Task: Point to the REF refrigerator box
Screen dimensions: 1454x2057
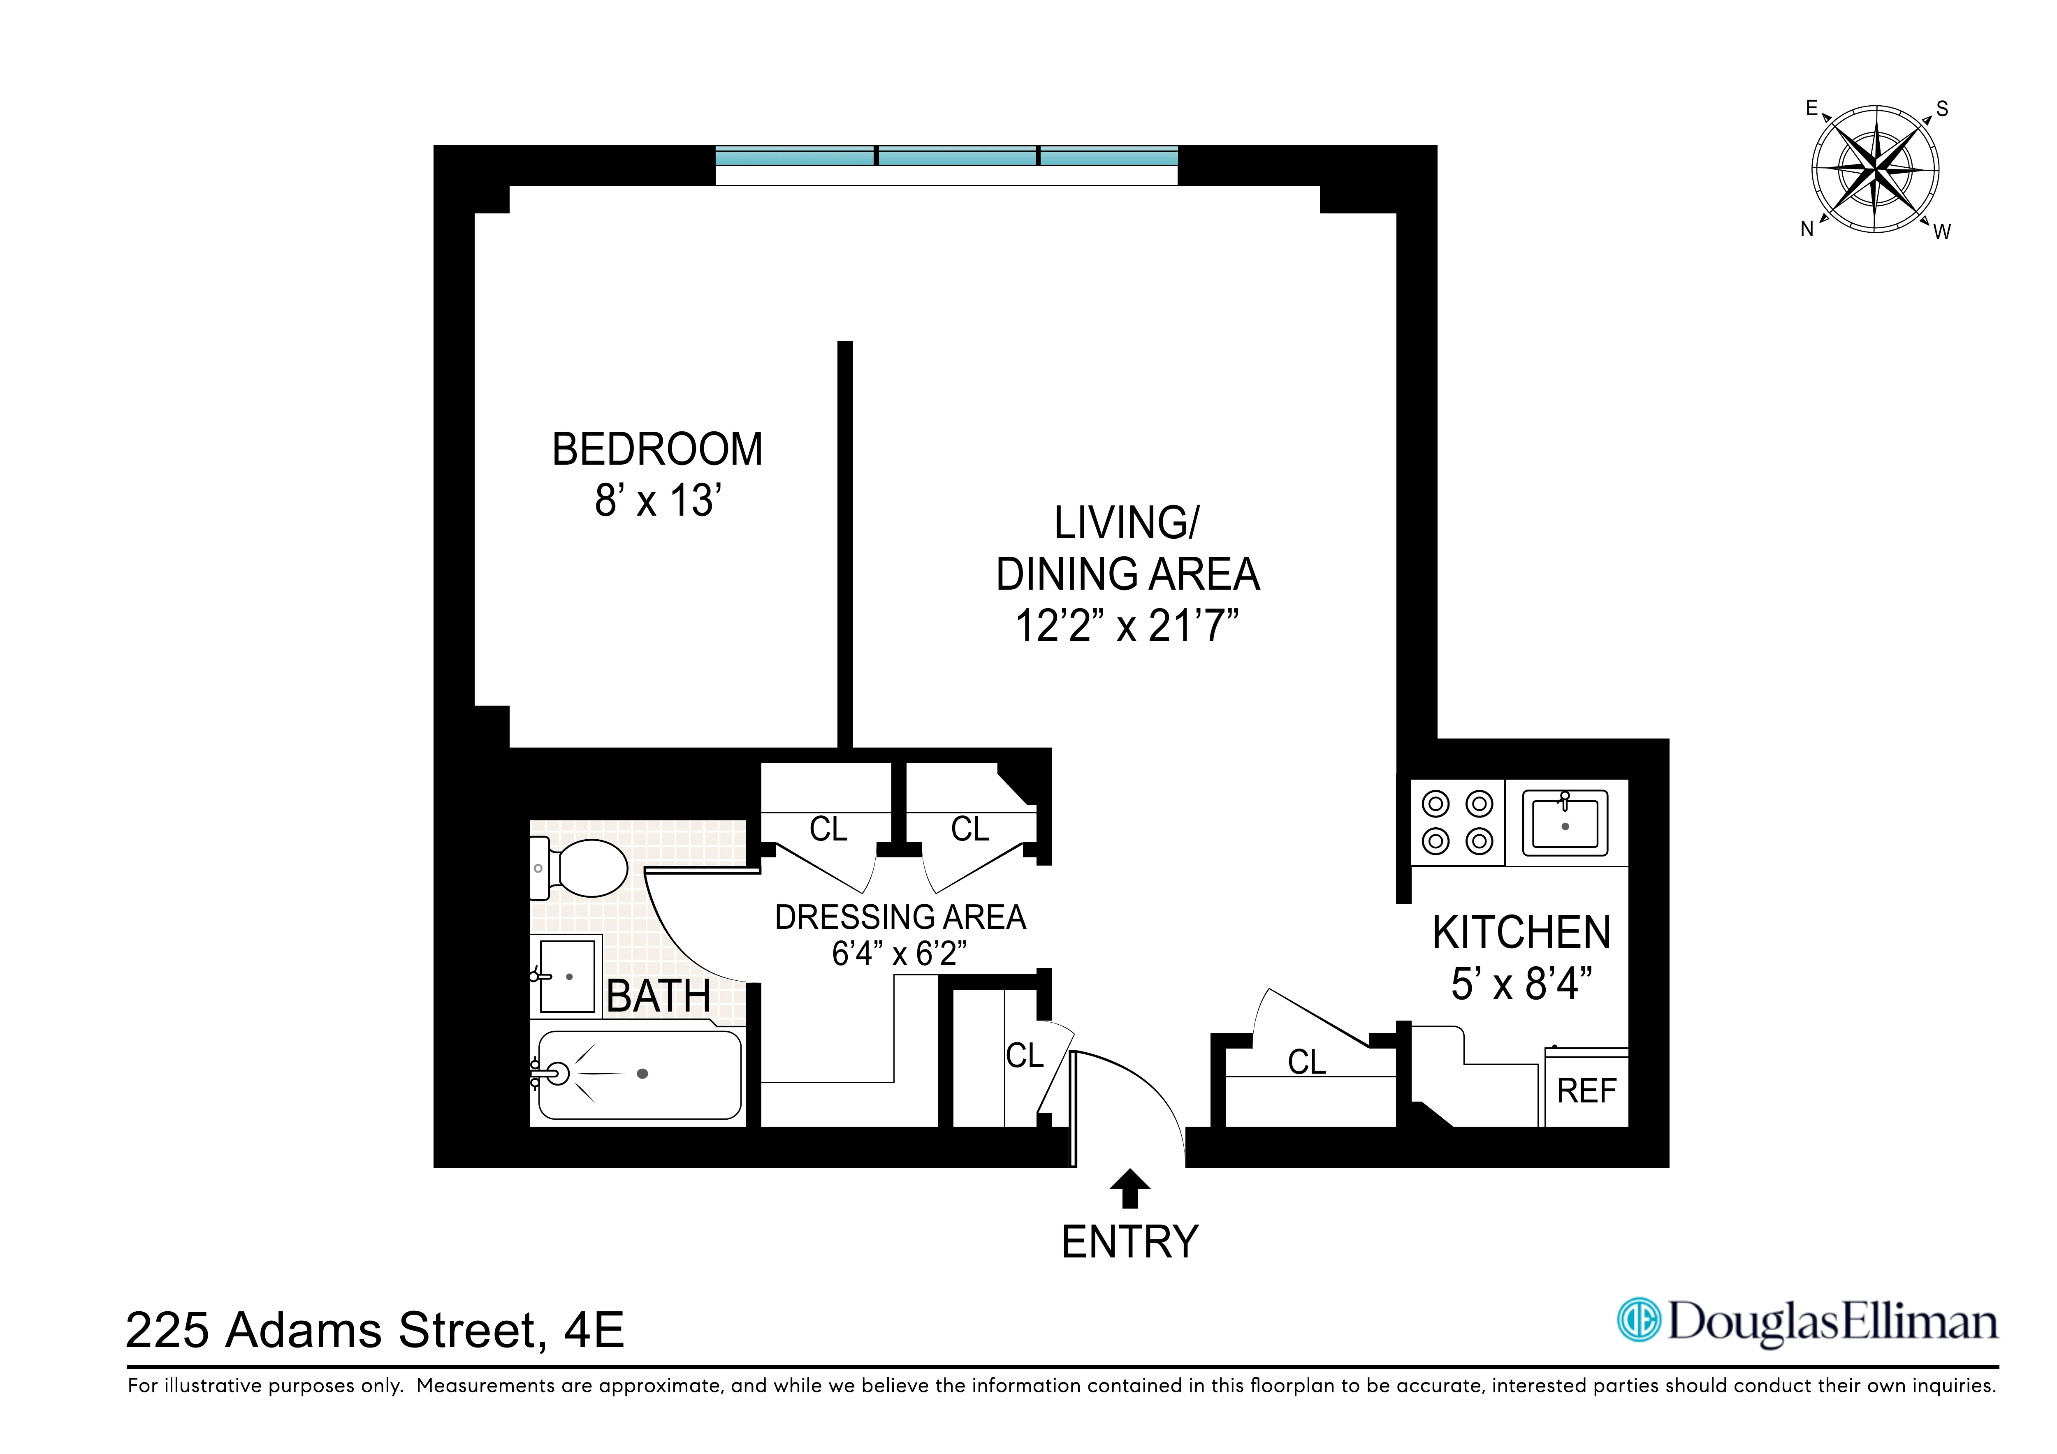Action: click(x=1586, y=1091)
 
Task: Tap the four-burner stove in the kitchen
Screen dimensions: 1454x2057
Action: click(x=1457, y=822)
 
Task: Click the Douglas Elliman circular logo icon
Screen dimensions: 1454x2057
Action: click(x=1639, y=1320)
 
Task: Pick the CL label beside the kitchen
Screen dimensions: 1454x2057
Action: click(x=1306, y=1063)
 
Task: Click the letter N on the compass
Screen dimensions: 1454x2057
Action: click(x=1807, y=229)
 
